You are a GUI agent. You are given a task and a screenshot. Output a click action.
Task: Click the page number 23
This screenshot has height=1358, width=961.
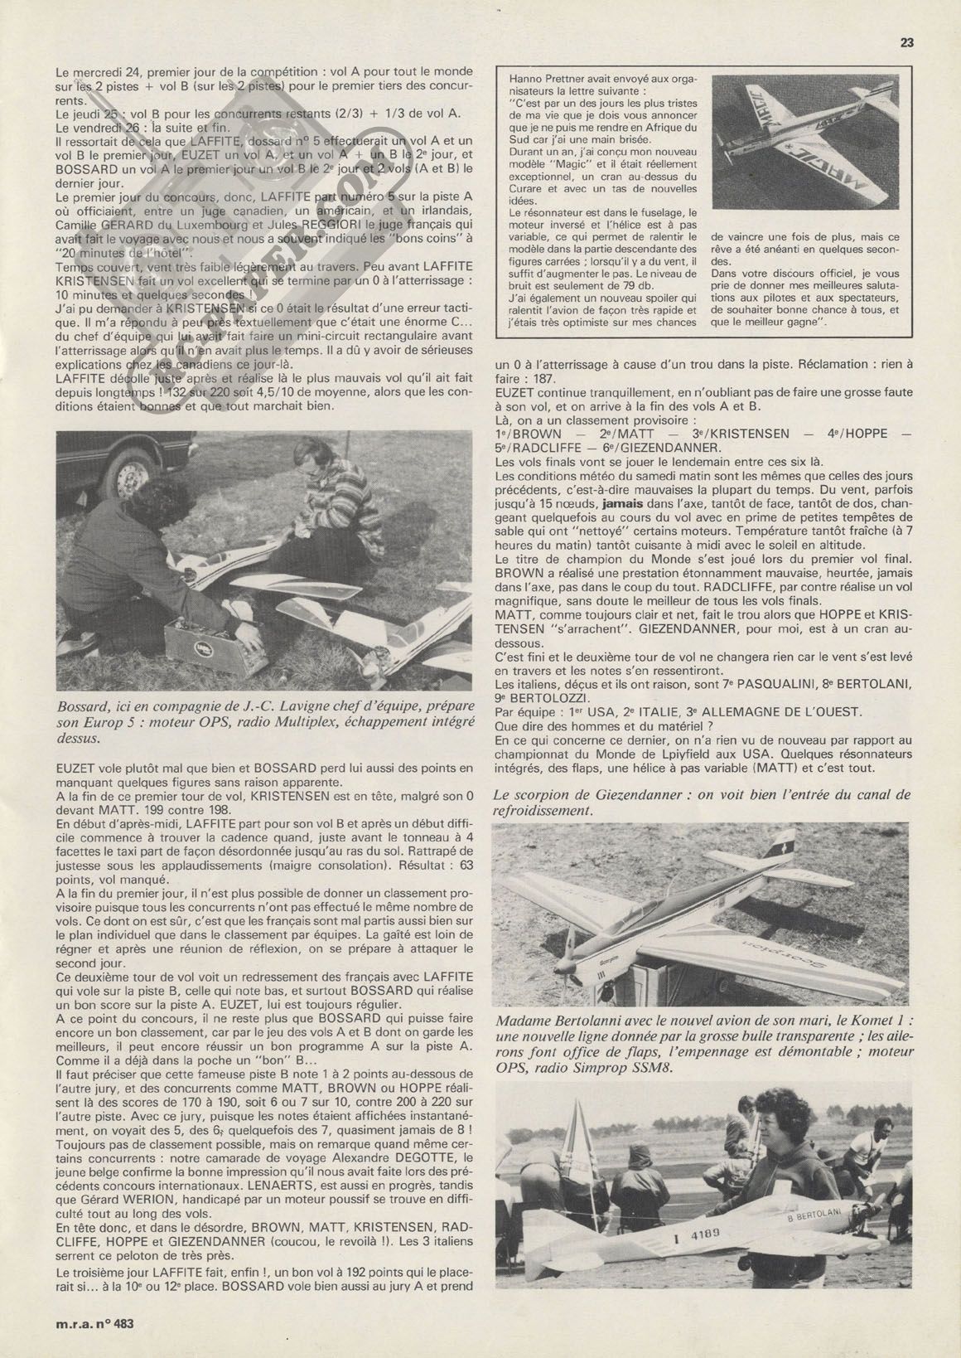click(x=906, y=43)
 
